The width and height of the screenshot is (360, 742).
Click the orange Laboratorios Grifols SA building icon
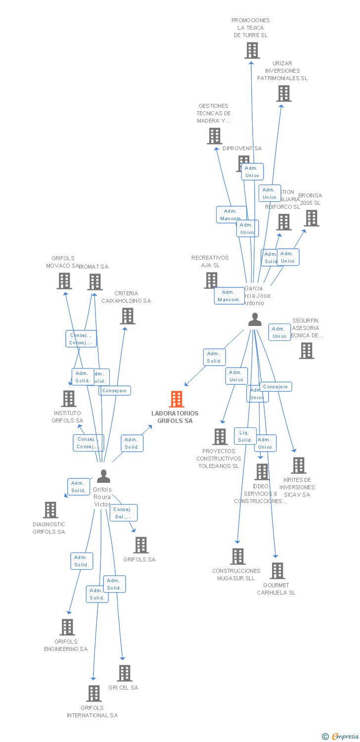(x=177, y=399)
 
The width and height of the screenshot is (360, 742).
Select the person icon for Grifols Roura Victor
(x=103, y=476)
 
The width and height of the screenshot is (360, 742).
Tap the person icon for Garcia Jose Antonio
(x=255, y=320)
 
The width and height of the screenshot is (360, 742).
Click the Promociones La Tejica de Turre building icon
(x=252, y=50)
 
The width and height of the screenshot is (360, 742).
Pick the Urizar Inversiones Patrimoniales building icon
(x=284, y=93)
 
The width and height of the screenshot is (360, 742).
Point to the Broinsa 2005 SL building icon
(x=312, y=218)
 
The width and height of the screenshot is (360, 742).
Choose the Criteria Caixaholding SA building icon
(x=128, y=316)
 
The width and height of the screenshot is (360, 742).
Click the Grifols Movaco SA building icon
(x=64, y=281)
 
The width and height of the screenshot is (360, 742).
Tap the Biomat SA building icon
(x=95, y=282)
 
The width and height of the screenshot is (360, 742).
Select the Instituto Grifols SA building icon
(x=69, y=398)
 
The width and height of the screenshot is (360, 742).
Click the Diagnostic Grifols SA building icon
(x=50, y=510)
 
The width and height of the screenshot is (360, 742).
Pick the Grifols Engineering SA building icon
(x=67, y=627)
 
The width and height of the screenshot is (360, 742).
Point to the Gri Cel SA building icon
(x=125, y=673)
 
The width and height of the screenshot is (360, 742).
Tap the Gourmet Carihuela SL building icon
(x=277, y=570)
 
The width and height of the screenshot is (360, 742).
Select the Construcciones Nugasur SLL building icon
(x=238, y=556)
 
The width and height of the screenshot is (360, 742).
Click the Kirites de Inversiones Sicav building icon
(x=299, y=465)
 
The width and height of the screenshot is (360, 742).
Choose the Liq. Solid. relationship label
(x=245, y=436)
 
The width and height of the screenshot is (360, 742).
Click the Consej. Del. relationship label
(x=124, y=513)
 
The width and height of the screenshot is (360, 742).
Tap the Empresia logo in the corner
(x=341, y=737)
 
